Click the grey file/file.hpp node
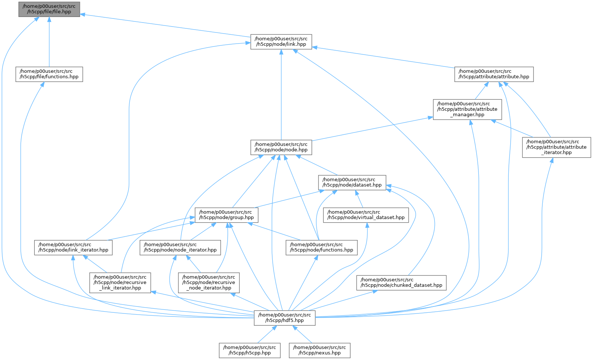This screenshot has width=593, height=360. [49, 9]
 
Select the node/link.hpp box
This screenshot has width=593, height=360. [281, 42]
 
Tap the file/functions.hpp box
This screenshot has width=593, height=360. [49, 74]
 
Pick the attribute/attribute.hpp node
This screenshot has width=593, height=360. [494, 74]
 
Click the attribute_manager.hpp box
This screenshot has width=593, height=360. [467, 110]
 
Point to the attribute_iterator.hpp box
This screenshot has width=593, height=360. [556, 147]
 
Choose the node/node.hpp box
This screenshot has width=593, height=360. [281, 147]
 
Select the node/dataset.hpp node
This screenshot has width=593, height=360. [352, 182]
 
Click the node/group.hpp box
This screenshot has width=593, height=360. [226, 215]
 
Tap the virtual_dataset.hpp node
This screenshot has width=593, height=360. [366, 215]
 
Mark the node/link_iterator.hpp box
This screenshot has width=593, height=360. [73, 248]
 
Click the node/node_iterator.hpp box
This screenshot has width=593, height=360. [180, 248]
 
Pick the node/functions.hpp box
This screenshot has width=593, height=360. [322, 248]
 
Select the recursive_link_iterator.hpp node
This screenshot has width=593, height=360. [120, 283]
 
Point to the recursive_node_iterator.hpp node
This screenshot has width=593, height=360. [209, 283]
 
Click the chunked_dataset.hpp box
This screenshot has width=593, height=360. [401, 283]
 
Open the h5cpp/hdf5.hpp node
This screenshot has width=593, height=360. [284, 318]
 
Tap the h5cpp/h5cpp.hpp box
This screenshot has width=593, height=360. [250, 350]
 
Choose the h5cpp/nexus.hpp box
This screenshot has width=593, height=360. [320, 350]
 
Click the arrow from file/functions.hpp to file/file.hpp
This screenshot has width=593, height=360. [49, 42]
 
